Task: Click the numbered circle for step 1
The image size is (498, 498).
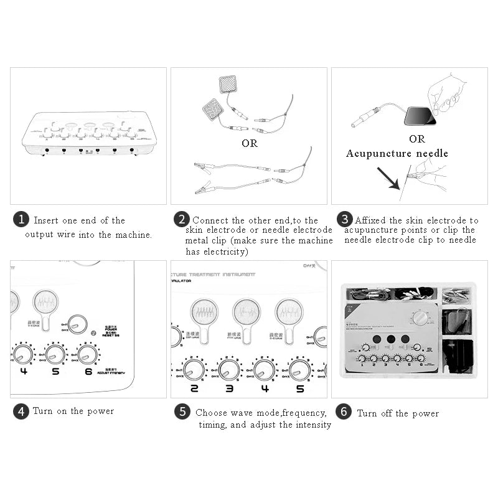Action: point(22,220)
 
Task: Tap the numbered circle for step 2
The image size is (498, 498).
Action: point(182,220)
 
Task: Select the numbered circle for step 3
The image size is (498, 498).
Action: point(344,220)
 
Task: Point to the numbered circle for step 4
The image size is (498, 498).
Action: point(22,411)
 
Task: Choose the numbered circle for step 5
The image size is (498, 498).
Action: point(182,411)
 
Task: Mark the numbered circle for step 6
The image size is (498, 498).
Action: point(344,413)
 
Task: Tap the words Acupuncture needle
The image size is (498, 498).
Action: point(397,153)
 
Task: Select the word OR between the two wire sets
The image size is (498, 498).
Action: point(249,143)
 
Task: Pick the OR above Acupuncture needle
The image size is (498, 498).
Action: point(417,139)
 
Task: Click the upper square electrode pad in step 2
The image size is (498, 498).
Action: point(228,85)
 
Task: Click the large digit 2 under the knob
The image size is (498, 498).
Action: point(194,388)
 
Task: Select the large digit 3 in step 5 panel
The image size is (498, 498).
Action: point(229,388)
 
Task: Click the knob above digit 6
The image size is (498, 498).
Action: point(87,354)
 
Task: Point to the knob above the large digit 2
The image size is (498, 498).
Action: point(194,370)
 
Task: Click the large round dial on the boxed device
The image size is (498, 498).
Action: point(421,317)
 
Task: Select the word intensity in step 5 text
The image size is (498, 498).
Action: point(309,425)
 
